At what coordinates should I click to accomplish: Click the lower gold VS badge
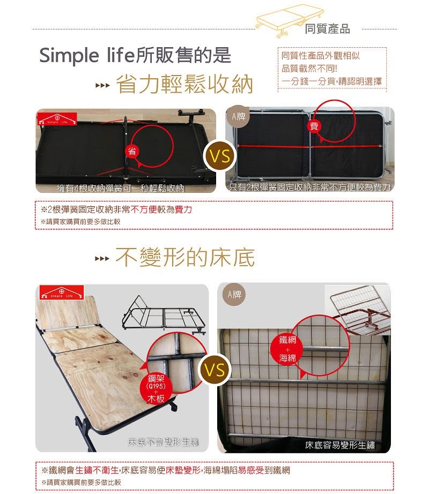click(215, 370)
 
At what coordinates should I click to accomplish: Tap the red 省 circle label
click(132, 151)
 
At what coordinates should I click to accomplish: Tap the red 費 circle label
click(314, 126)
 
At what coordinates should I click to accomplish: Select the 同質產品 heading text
click(327, 29)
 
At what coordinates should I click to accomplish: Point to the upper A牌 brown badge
click(238, 117)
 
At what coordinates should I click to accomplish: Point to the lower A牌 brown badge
click(234, 295)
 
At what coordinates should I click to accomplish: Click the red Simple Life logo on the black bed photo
click(57, 119)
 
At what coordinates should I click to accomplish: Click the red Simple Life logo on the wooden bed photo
click(62, 293)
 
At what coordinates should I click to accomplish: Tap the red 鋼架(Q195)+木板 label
click(156, 389)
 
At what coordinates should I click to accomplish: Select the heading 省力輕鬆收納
click(184, 85)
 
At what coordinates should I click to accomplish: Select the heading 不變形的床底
click(185, 257)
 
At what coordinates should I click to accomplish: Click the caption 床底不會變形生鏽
click(162, 442)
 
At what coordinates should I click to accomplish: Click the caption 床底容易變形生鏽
click(340, 445)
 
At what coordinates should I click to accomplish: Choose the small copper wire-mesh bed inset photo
click(358, 309)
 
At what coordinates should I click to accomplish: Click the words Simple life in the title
click(87, 56)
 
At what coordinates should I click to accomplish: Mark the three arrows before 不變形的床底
click(102, 259)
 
